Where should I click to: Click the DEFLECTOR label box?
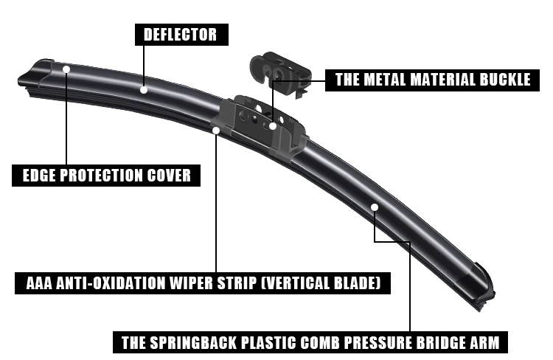(181, 35)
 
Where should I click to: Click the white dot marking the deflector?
(144, 90)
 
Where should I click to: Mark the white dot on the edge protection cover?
(66, 69)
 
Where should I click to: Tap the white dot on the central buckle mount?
(273, 125)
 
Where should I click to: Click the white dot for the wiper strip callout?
(216, 131)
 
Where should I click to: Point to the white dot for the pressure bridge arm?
(375, 207)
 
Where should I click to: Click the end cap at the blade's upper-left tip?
(35, 76)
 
